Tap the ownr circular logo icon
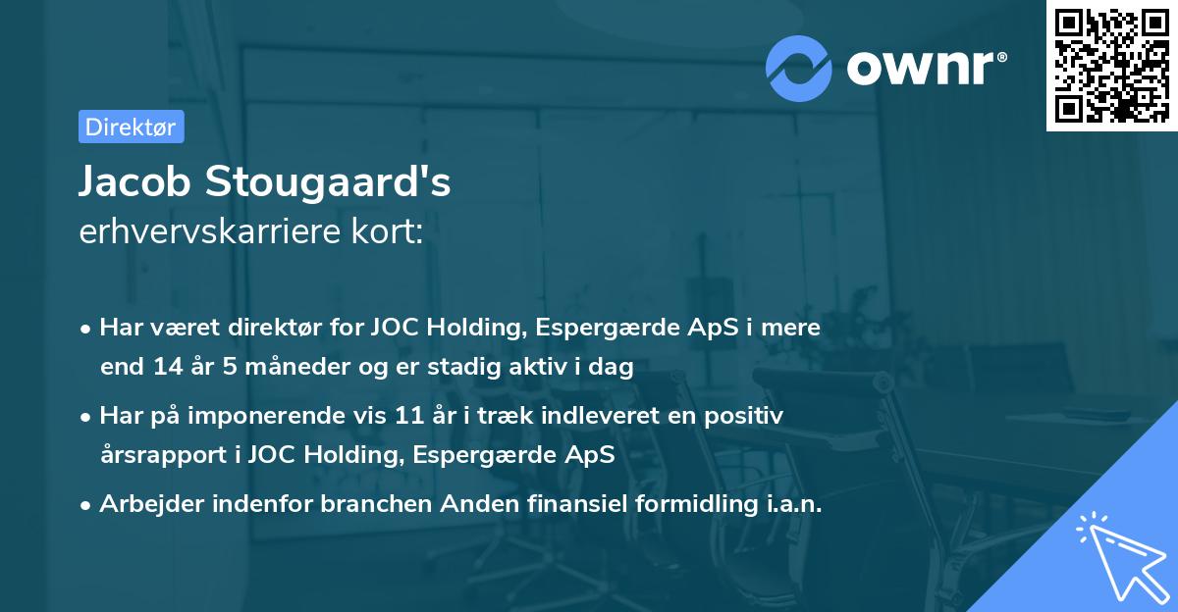[x=799, y=68]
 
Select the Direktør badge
[x=131, y=127]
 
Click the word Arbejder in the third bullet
[x=144, y=504]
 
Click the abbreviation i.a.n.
[x=792, y=504]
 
